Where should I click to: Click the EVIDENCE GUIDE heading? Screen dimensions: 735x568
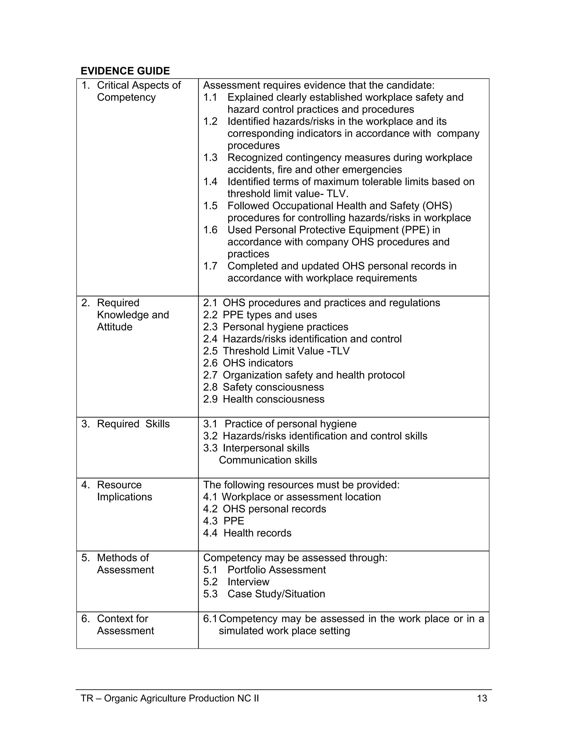point(125,71)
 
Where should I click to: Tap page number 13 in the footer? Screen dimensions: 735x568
point(482,698)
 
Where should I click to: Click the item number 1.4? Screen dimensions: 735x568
point(210,182)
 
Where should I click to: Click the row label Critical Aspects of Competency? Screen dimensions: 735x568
point(138,91)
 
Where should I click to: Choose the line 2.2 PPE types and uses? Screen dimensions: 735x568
point(260,315)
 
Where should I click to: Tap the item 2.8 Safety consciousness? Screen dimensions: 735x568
point(263,387)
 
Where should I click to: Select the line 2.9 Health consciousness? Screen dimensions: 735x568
point(263,399)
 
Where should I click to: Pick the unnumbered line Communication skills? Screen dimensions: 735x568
point(268,460)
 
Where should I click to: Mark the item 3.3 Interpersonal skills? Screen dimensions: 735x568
point(256,448)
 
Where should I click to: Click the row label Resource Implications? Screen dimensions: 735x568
point(124,491)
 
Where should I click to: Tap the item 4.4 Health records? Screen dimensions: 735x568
point(247,533)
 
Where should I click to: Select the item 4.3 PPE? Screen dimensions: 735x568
point(224,521)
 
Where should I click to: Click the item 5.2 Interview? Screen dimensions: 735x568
point(236,582)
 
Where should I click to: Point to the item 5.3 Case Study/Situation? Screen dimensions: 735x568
point(264,594)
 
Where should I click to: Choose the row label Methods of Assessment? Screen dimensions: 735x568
point(125,564)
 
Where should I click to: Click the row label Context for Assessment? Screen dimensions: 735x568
point(125,625)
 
